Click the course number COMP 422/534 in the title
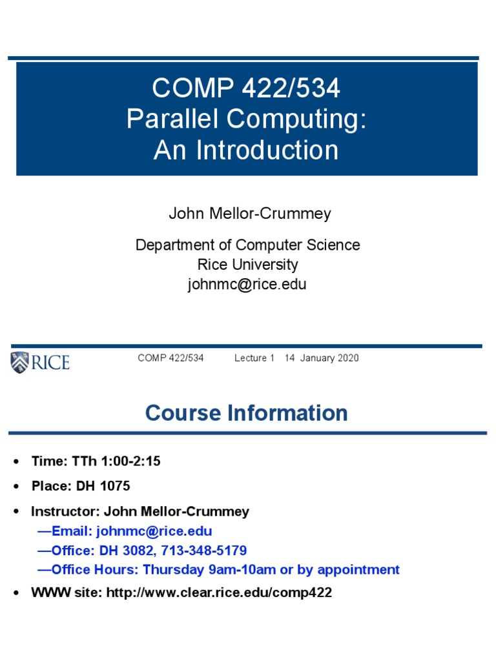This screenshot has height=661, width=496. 245,88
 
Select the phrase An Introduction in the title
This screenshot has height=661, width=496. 246,150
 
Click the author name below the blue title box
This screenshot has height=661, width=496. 249,214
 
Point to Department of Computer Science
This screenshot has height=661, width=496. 247,245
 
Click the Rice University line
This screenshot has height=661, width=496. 247,265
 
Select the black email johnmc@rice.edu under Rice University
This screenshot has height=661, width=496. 247,284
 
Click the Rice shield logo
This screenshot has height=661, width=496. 19,362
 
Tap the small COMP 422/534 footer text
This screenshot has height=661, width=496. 170,358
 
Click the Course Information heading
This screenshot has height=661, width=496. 247,413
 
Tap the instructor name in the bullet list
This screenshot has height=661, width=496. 176,512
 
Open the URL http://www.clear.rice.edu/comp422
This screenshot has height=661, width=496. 217,593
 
